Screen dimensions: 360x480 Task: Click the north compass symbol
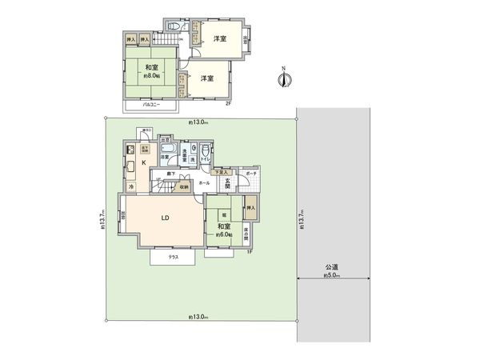283,78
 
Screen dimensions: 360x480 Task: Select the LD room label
164,218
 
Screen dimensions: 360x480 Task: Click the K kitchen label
144,164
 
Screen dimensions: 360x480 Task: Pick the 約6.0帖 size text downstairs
224,235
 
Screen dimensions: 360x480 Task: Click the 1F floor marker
250,252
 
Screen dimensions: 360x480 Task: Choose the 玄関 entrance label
226,185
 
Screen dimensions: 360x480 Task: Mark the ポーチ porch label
251,173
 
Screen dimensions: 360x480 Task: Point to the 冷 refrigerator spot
131,186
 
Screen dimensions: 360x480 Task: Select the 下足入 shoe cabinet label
222,172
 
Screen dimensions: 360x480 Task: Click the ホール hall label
205,183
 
